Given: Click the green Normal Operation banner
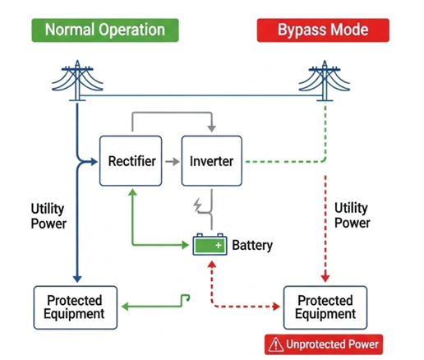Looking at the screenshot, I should tap(104, 30).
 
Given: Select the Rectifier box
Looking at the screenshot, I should tap(131, 161).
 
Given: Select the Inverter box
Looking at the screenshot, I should tap(213, 161).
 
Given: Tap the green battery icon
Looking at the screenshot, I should tap(209, 245).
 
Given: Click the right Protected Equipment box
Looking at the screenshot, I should tap(325, 307).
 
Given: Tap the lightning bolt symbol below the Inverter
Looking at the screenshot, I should tap(198, 205).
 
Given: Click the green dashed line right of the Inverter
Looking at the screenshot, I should tap(279, 161).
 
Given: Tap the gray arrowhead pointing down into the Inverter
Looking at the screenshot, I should tap(213, 129).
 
